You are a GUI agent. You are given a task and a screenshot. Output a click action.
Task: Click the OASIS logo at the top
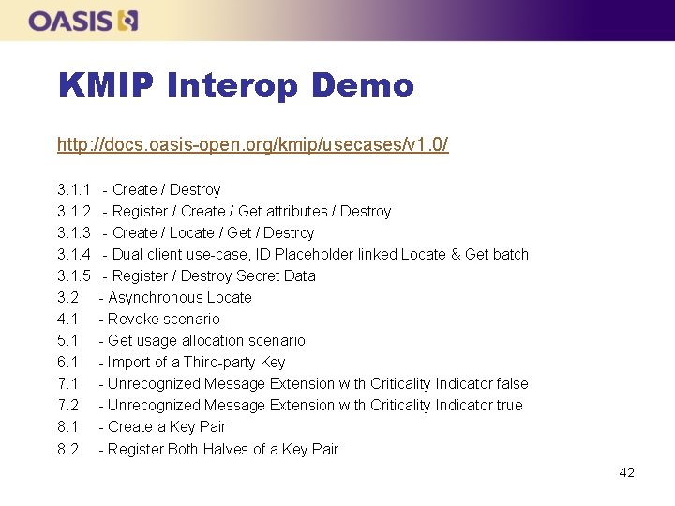83,21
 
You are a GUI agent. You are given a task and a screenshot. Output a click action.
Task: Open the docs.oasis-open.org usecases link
252,144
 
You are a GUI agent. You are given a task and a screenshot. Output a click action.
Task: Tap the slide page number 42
626,472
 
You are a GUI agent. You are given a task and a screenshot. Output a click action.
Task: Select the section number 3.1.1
74,190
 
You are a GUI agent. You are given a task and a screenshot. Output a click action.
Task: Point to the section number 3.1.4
74,255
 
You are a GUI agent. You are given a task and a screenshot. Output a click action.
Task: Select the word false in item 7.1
510,384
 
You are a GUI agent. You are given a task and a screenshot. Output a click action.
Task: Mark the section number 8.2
67,450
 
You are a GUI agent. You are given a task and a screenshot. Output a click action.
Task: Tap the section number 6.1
67,363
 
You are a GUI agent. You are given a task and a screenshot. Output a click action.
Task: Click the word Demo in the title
362,85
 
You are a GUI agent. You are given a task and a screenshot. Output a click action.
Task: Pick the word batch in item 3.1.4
510,255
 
